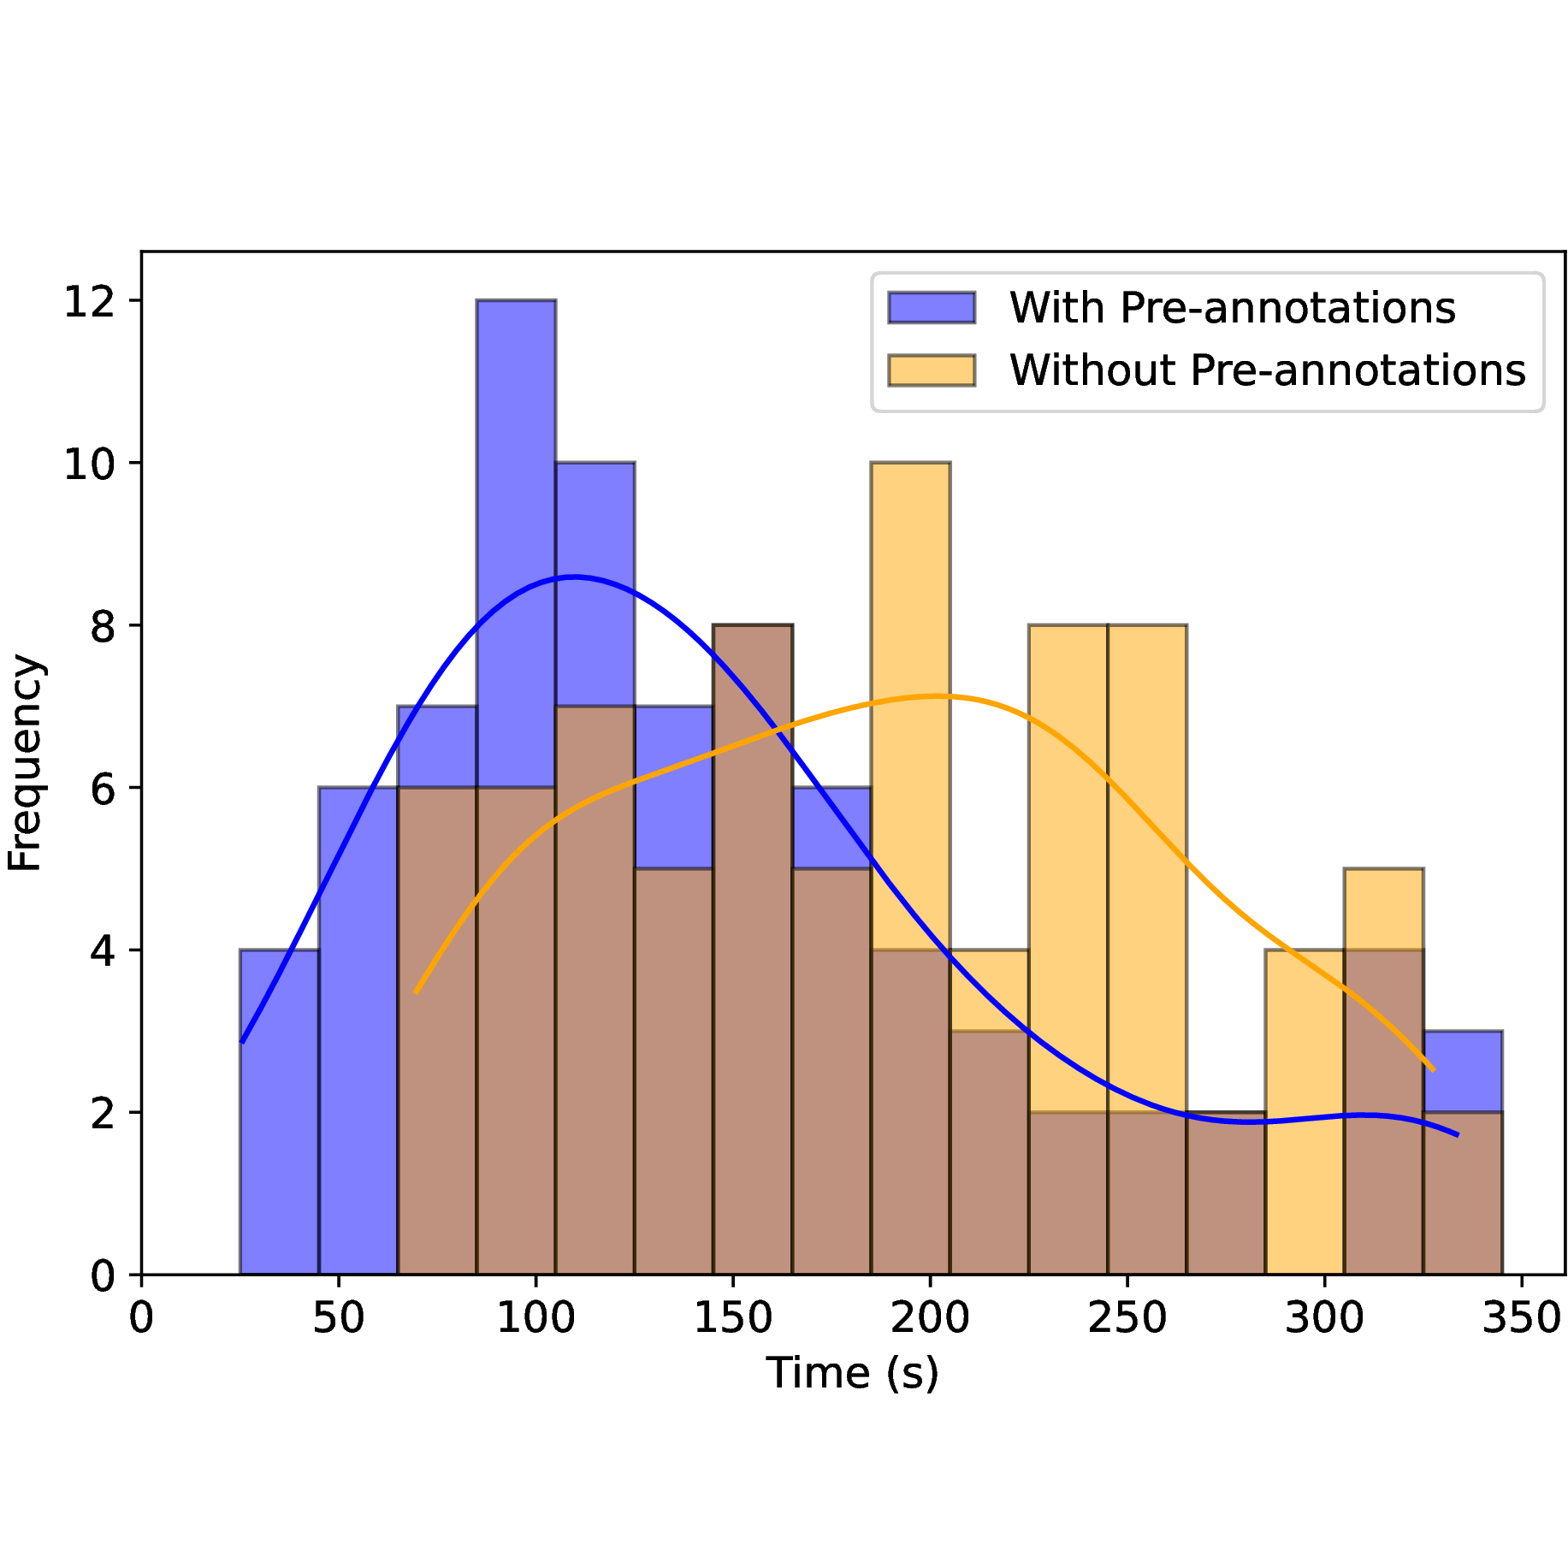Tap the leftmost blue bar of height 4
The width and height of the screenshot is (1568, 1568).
(279, 1112)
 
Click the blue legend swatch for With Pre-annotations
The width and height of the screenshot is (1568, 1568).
(932, 308)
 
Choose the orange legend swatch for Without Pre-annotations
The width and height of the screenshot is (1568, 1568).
(932, 370)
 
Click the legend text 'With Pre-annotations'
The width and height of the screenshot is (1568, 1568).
(1232, 308)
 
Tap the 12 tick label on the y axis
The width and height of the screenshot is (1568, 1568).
(91, 301)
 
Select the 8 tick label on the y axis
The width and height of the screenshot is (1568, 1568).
(103, 626)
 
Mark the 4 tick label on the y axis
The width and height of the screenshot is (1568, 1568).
(103, 950)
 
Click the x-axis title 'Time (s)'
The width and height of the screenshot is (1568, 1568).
(852, 1374)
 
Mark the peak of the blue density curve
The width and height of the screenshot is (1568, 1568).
(573, 577)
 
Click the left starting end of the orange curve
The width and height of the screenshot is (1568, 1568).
(416, 992)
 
